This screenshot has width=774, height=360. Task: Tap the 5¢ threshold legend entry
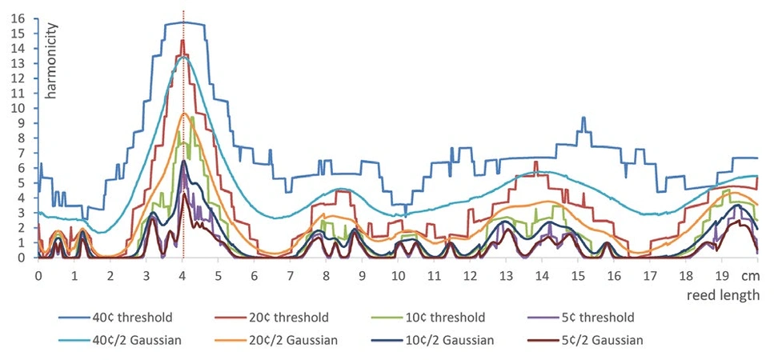coord(669,318)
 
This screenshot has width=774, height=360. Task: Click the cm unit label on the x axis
coord(751,274)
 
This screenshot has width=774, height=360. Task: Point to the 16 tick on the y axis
coord(18,18)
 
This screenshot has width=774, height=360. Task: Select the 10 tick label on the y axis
coord(18,108)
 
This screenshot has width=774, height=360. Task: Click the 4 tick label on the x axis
coord(182,274)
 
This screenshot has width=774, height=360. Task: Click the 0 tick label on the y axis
coord(22,258)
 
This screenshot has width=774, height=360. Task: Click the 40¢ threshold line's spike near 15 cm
coord(584,118)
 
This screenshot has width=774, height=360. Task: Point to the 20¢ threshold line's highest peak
coord(182,40)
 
